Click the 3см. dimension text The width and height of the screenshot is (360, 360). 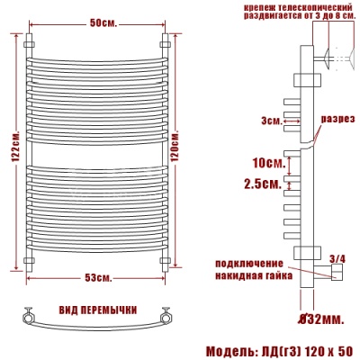click(x=269, y=120)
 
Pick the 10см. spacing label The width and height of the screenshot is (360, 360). click(x=268, y=163)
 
